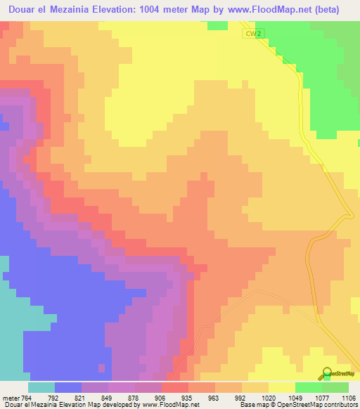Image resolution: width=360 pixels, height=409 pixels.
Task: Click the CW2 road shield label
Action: [x=252, y=33]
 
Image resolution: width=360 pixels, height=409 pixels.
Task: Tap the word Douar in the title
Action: [x=25, y=10]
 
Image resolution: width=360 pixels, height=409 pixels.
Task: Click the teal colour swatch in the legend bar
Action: [x=41, y=387]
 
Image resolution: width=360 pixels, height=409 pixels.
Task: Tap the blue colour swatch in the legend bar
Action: [x=68, y=387]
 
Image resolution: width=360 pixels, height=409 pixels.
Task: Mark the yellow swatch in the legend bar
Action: [x=282, y=387]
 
